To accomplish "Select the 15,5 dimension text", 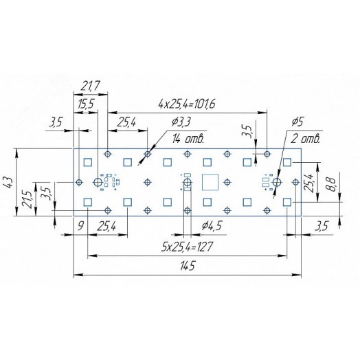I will tap(87, 104).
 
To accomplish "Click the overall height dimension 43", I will tap(8, 182).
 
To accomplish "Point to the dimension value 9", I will tap(80, 225).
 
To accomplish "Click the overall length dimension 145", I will tap(188, 267).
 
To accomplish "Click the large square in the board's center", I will tap(210, 182).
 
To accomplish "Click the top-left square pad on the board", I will tap(87, 162).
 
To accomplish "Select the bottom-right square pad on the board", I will tap(286, 202).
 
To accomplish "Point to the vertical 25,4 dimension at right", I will tap(313, 183).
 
